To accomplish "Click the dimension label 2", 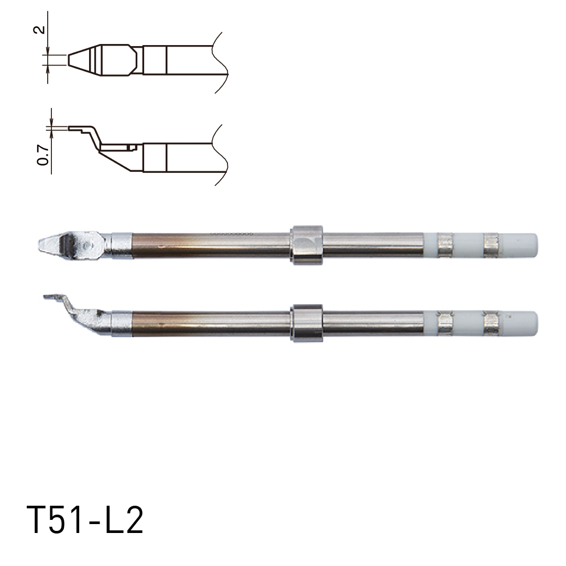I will [x=38, y=29].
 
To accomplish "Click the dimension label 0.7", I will [x=45, y=156].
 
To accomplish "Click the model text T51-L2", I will [x=84, y=520].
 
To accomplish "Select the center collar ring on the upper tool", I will [x=307, y=245].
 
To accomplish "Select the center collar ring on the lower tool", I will [x=307, y=323].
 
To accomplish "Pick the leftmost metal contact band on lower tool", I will [x=444, y=323].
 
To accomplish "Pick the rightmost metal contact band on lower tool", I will [x=491, y=323].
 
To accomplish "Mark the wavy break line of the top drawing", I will [x=220, y=63].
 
